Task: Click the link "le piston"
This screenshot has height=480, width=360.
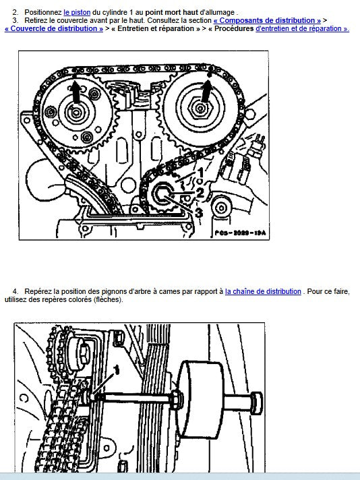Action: tap(77, 13)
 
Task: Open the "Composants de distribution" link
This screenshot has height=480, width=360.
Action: tap(267, 20)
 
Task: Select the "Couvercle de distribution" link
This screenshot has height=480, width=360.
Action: tap(54, 28)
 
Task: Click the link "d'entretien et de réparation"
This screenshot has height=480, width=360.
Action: tap(302, 28)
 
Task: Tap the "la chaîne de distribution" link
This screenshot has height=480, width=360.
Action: tap(263, 291)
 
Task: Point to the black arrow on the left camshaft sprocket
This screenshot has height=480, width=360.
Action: tap(76, 92)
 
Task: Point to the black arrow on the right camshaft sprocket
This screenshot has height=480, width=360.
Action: tap(208, 91)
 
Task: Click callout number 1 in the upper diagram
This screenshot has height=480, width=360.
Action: tap(201, 173)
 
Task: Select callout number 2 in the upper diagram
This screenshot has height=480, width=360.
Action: tap(200, 193)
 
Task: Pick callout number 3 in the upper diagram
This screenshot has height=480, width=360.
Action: tap(199, 212)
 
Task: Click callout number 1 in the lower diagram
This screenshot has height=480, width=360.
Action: tap(117, 370)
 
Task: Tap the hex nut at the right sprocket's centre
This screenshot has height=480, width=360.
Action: tap(200, 108)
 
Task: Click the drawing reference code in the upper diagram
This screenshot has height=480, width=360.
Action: tap(240, 233)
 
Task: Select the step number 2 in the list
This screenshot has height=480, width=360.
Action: tap(15, 13)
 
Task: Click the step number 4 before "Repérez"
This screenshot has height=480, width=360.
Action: tap(15, 291)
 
